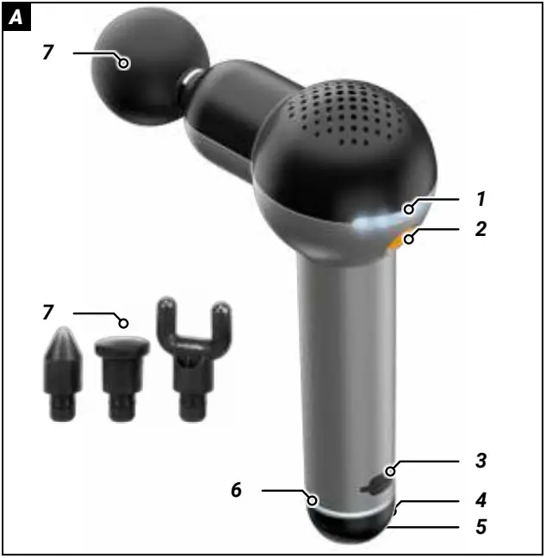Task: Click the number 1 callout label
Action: coord(481,198)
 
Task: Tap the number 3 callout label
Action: coord(481,461)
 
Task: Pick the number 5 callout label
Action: coord(481,524)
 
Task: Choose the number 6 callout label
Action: coord(235,491)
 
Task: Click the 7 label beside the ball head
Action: coord(48,53)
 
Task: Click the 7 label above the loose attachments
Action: coord(48,312)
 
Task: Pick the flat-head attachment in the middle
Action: coord(121,375)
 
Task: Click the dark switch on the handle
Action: coord(375,487)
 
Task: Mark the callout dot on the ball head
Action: coord(125,62)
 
